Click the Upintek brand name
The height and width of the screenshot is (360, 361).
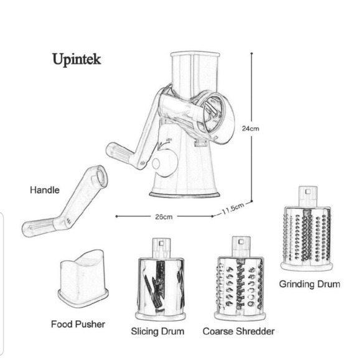click(x=77, y=60)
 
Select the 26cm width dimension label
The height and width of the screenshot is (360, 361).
click(x=164, y=216)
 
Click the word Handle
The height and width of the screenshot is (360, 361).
click(x=45, y=190)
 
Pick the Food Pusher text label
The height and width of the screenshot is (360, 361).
click(x=78, y=324)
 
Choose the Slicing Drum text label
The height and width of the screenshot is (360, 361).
click(x=158, y=331)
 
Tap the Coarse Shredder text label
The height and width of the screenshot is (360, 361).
click(x=238, y=331)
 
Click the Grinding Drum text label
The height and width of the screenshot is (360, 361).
click(x=309, y=285)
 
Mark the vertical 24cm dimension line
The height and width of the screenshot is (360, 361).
click(x=251, y=93)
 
